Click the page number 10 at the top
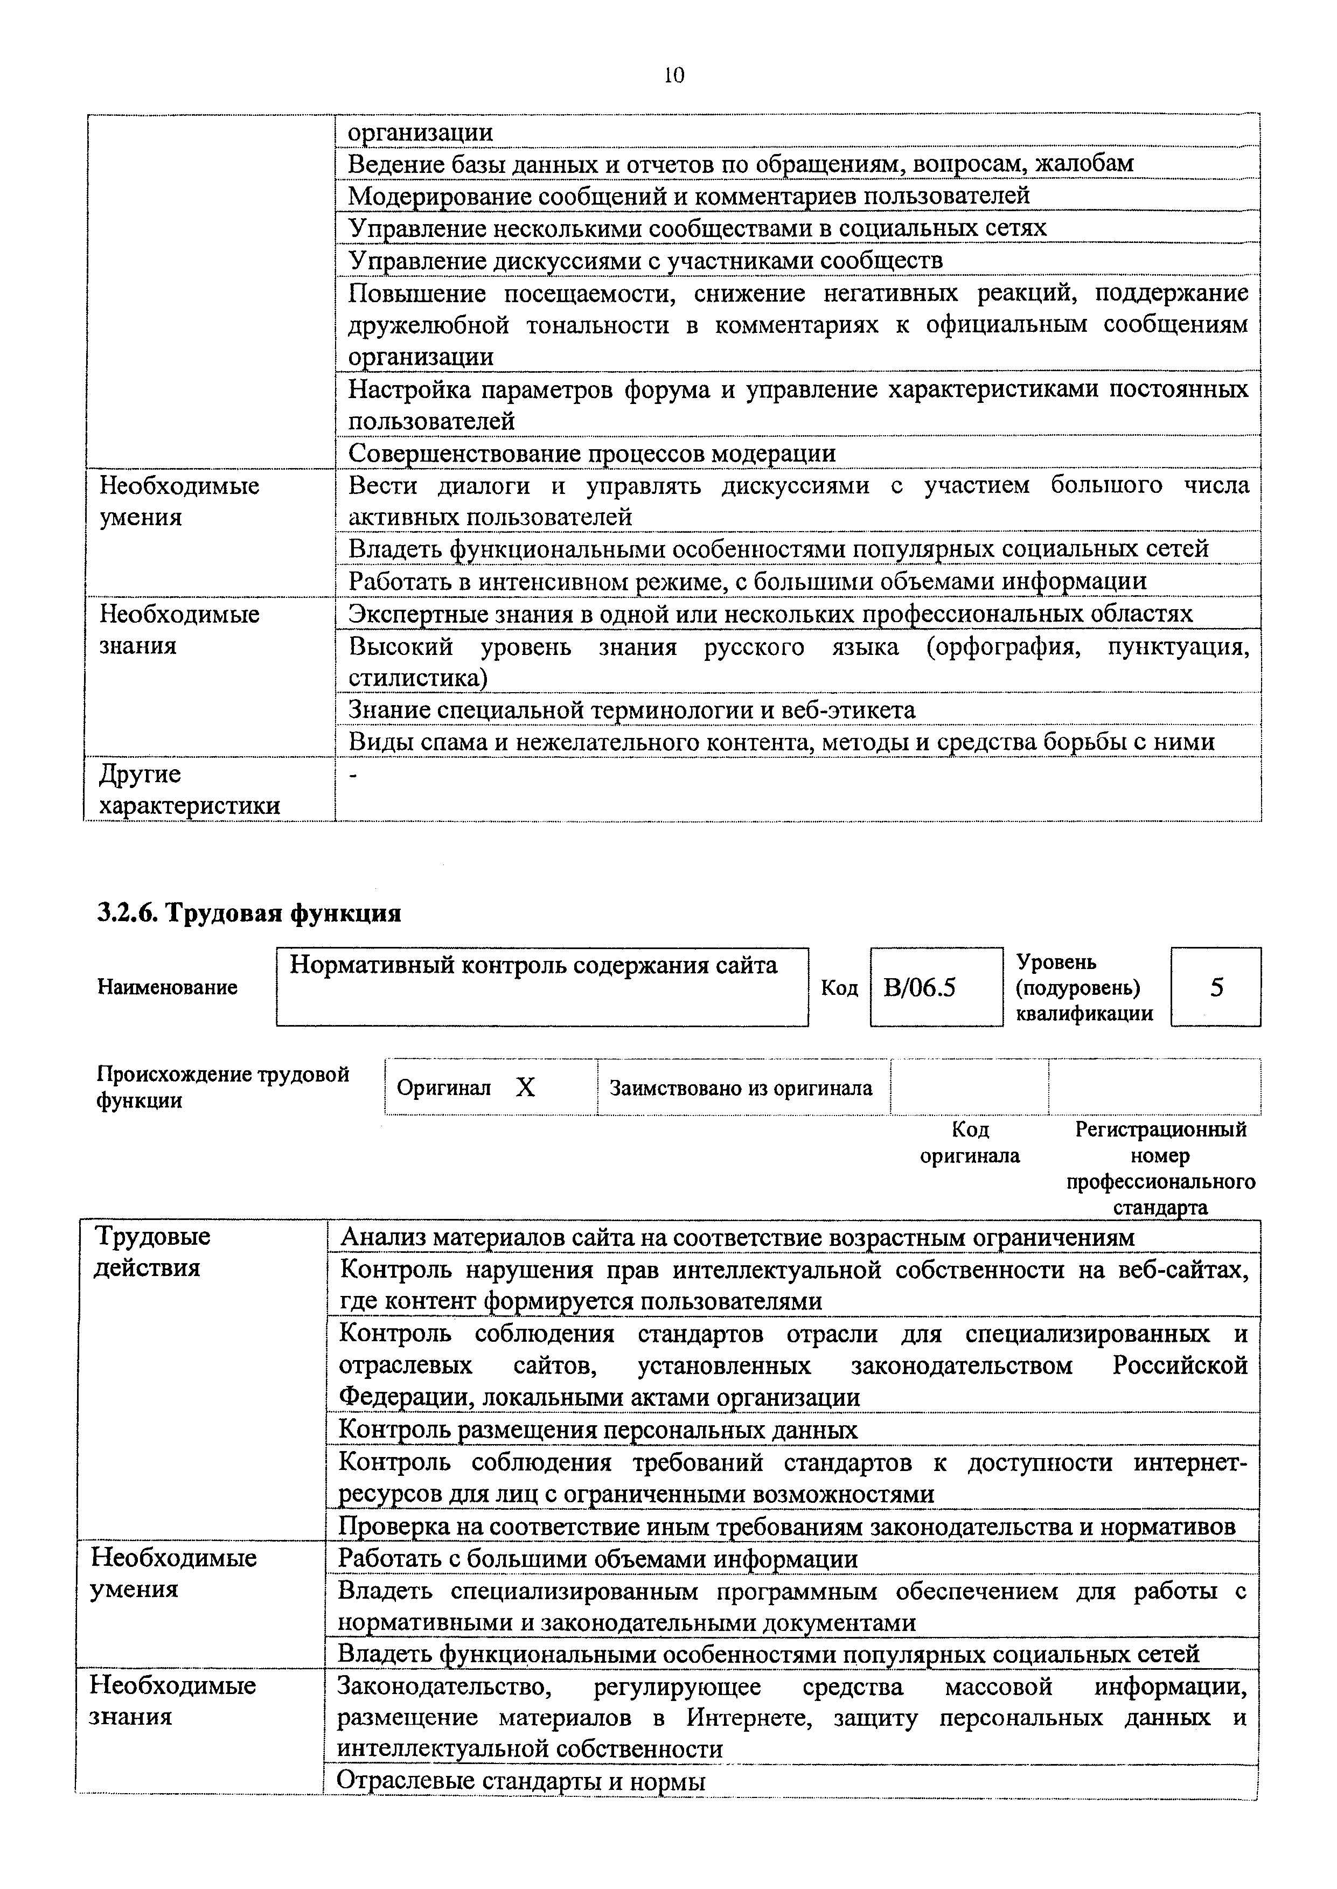(x=673, y=76)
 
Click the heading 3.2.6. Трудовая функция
(x=249, y=913)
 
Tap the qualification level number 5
(x=1216, y=987)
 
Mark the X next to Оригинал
(x=525, y=1088)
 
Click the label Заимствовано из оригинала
(x=741, y=1088)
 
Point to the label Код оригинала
(x=969, y=1142)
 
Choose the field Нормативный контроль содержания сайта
(x=533, y=965)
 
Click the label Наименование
(x=167, y=987)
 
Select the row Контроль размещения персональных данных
(x=598, y=1430)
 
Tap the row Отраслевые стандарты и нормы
(x=522, y=1781)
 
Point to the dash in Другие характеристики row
(x=354, y=775)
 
